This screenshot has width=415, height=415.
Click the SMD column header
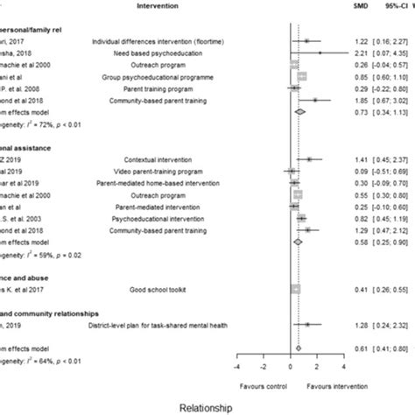coord(361,6)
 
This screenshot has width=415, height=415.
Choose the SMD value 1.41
coord(360,159)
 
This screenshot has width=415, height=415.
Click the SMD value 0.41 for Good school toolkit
coord(360,287)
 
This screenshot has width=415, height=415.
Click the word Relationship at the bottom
coord(207,407)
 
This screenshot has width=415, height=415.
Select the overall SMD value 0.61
coord(360,348)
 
